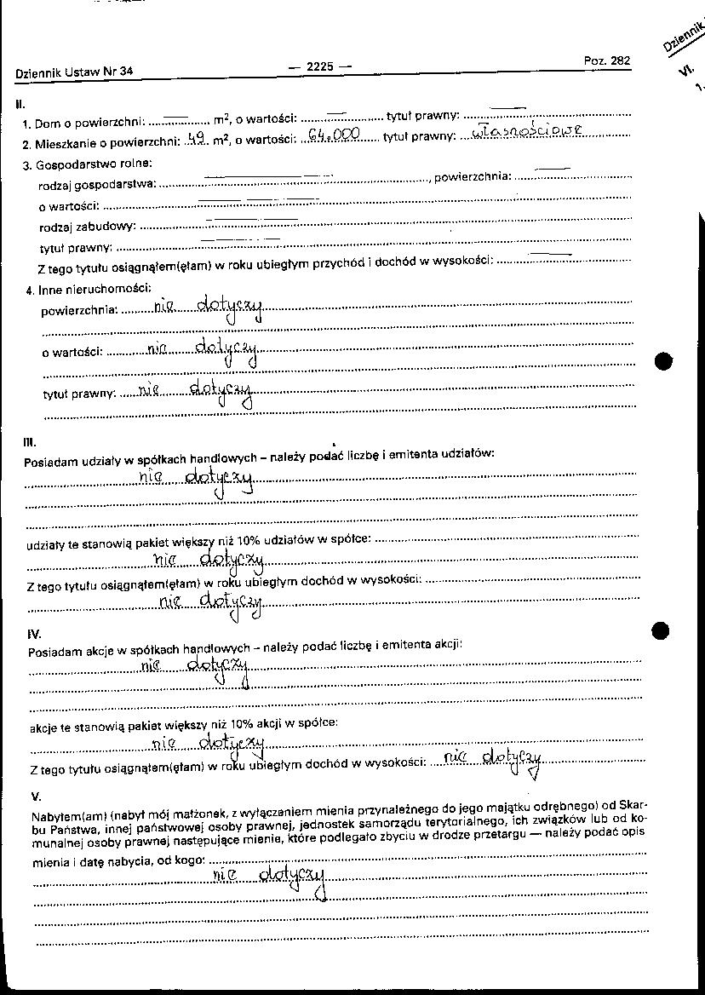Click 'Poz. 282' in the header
point(607,60)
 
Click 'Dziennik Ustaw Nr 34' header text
point(74,73)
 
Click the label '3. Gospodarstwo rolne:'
point(88,163)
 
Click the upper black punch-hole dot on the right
point(664,360)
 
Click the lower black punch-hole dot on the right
point(661,631)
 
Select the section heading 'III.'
point(29,442)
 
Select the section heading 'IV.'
point(34,635)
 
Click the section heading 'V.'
point(35,796)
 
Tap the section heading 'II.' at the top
point(20,105)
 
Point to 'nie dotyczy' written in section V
point(269,877)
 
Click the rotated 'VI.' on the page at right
point(685,72)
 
